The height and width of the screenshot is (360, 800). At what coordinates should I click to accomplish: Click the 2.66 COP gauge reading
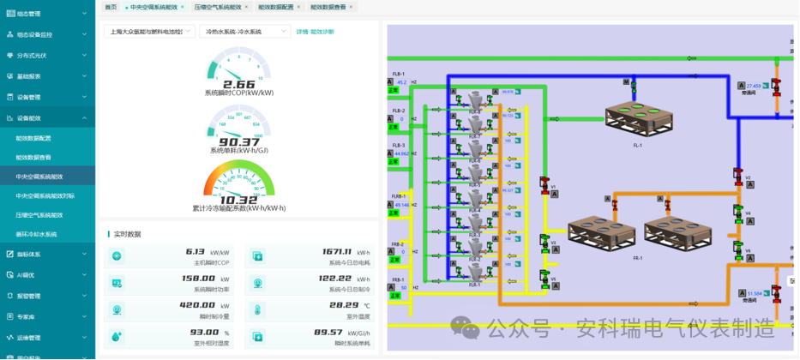[238, 84]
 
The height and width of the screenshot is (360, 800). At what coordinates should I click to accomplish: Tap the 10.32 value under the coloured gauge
[238, 199]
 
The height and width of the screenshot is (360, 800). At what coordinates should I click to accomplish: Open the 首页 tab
[111, 6]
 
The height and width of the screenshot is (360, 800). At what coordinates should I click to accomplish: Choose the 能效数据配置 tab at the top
[275, 6]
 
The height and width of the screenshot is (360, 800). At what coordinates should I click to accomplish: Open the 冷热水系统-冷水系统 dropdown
[244, 32]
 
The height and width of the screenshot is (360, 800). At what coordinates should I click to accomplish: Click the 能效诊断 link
[322, 32]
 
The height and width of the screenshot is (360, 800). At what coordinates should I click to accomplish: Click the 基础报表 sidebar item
[29, 76]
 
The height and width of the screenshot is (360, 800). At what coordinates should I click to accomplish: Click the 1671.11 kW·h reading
[337, 252]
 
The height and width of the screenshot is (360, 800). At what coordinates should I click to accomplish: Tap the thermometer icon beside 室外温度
[258, 309]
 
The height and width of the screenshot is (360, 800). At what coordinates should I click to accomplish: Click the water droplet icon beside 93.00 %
[117, 335]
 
